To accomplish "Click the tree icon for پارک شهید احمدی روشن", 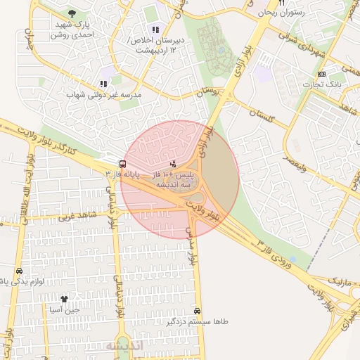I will click(x=71, y=13).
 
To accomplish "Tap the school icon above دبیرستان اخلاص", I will click(x=155, y=30).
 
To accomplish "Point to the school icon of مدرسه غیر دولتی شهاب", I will click(x=104, y=84).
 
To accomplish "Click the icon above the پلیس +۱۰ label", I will click(x=174, y=164).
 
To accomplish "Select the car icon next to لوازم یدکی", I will click(x=18, y=271).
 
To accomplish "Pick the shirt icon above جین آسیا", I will click(x=65, y=299).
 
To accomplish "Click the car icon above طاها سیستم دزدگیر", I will click(x=197, y=311).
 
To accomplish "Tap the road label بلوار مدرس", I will click(x=189, y=246).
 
